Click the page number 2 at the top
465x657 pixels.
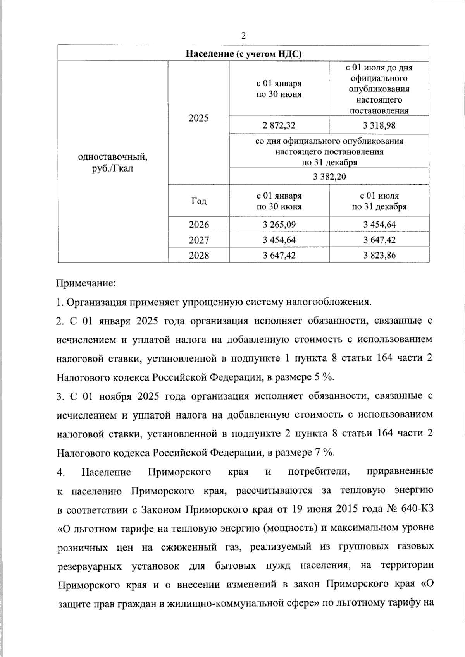click(x=243, y=36)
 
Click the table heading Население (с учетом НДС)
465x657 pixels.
click(x=243, y=53)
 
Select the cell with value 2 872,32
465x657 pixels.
click(x=279, y=125)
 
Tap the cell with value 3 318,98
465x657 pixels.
click(x=379, y=125)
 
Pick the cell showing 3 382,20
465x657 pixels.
click(x=329, y=177)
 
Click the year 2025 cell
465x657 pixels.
click(x=198, y=118)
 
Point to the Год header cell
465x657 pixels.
click(x=198, y=201)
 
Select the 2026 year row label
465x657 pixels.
click(x=198, y=225)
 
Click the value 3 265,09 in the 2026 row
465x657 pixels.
click(x=279, y=225)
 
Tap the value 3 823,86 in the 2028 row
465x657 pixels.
click(x=379, y=256)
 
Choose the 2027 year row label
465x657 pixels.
click(x=198, y=240)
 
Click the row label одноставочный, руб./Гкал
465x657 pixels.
click(x=113, y=163)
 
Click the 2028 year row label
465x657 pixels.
click(x=198, y=256)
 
